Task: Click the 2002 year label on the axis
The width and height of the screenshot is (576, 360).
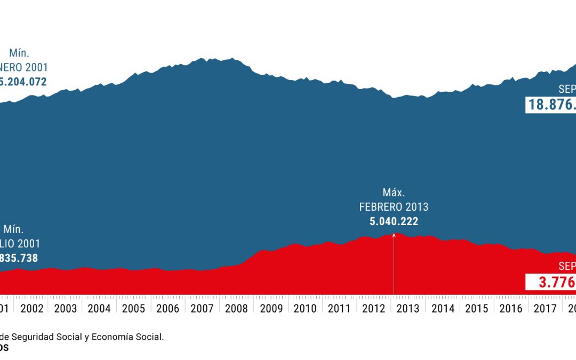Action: tap(32, 308)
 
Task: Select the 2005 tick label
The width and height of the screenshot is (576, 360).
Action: tap(133, 308)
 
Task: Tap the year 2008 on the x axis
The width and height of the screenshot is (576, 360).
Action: tap(236, 308)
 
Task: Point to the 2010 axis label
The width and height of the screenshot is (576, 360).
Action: tap(305, 308)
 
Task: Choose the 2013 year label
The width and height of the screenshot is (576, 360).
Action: tap(408, 308)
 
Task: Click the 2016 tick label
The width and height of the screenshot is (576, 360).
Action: tap(511, 308)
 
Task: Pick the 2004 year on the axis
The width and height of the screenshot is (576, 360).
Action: tap(99, 308)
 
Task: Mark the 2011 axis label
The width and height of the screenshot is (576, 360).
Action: tap(339, 308)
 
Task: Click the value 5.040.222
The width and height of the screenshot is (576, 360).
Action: tap(394, 221)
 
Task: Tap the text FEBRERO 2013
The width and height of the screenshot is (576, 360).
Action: tap(394, 207)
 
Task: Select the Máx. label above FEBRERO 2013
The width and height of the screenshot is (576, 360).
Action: tap(394, 193)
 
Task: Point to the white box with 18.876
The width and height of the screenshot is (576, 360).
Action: tap(551, 105)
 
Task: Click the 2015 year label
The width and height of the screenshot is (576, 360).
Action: tap(477, 308)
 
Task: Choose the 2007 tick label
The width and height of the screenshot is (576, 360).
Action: tap(202, 308)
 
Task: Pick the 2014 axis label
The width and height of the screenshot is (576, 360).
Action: tap(443, 308)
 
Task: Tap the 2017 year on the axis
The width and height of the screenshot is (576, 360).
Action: tap(545, 308)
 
